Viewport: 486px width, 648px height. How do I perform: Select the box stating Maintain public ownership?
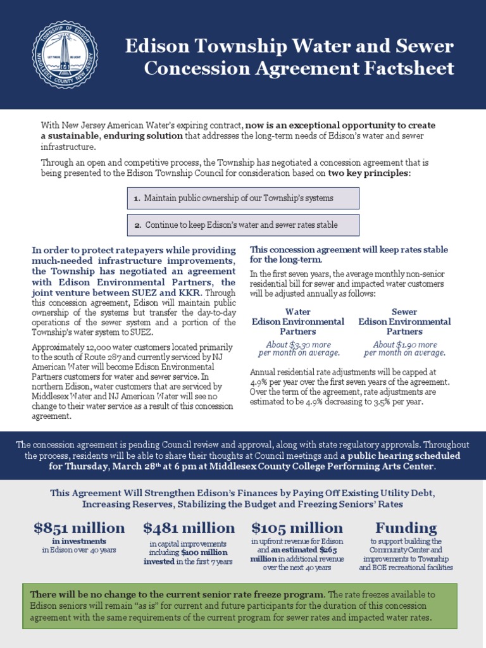pyautogui.click(x=242, y=198)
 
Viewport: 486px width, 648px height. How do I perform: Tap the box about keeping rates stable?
pyautogui.click(x=242, y=225)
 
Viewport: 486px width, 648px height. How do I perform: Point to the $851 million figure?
pyautogui.click(x=79, y=528)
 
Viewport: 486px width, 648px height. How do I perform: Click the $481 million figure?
pyautogui.click(x=189, y=528)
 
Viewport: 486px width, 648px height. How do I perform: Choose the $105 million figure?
pyautogui.click(x=297, y=528)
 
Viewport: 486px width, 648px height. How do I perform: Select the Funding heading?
pyautogui.click(x=406, y=528)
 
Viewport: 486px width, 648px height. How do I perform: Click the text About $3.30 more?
pyautogui.click(x=298, y=345)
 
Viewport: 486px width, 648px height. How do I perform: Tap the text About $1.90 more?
pyautogui.click(x=405, y=345)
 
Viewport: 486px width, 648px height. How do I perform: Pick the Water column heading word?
pyautogui.click(x=298, y=312)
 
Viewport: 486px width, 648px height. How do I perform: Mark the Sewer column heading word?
pyautogui.click(x=404, y=312)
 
